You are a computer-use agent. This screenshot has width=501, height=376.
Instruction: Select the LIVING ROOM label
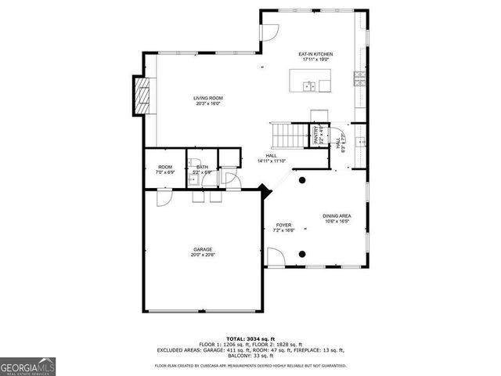click(207, 98)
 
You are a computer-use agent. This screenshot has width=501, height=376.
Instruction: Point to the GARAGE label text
click(203, 250)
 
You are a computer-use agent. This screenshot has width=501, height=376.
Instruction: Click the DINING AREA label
click(337, 216)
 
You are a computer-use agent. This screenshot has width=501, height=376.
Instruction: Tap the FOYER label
click(283, 225)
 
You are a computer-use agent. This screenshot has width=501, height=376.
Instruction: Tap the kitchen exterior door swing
click(269, 31)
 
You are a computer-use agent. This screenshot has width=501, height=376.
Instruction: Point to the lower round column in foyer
click(303, 254)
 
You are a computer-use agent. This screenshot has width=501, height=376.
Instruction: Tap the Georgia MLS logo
click(27, 366)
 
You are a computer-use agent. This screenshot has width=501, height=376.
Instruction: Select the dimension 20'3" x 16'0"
click(207, 103)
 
